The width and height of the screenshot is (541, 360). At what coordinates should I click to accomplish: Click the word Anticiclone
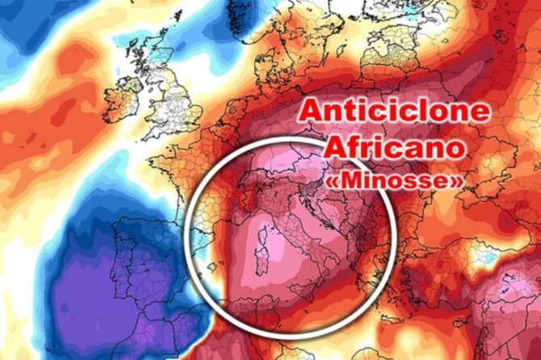click(x=395, y=111)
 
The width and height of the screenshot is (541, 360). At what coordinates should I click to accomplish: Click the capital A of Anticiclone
click(x=312, y=111)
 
